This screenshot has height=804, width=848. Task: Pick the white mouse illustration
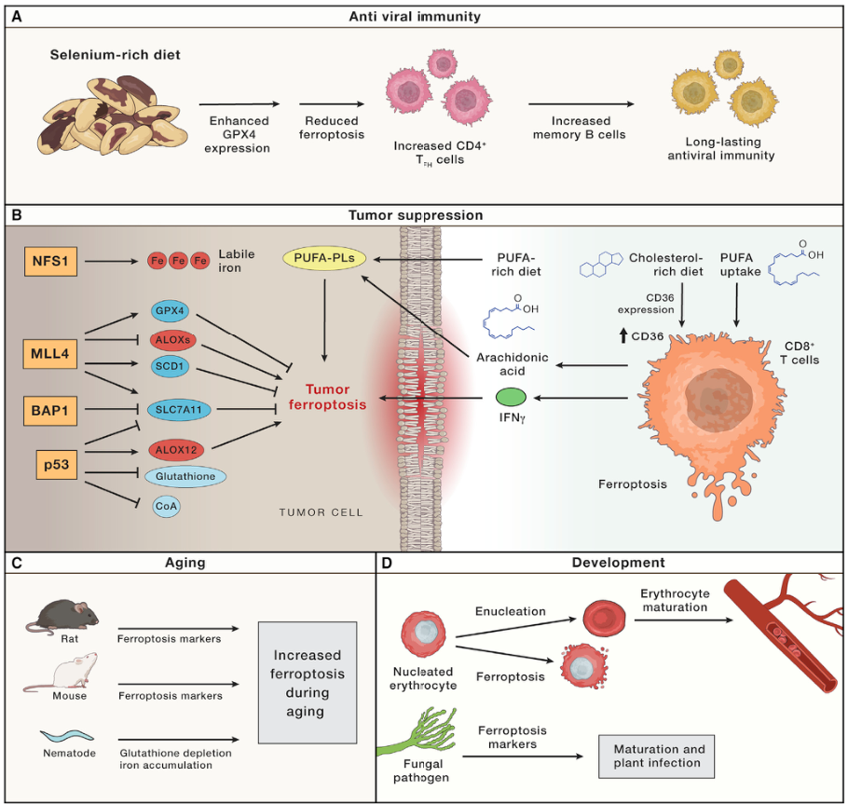click(x=65, y=673)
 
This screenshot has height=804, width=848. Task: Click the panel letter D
click(x=389, y=565)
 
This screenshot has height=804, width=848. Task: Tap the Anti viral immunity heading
click(x=424, y=16)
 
